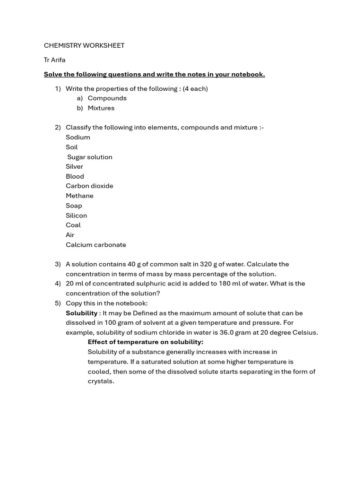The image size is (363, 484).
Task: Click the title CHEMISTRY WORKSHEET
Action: click(x=84, y=45)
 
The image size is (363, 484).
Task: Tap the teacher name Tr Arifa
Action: click(x=55, y=60)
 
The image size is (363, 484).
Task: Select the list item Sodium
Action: click(x=78, y=137)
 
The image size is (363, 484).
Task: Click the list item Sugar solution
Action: click(x=90, y=157)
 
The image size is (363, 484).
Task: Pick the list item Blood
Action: click(x=75, y=176)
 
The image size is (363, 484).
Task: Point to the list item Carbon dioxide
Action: click(x=89, y=186)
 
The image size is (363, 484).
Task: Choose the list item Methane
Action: click(x=79, y=196)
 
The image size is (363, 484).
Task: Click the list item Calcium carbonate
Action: click(x=96, y=245)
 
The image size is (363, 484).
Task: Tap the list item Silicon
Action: click(x=76, y=216)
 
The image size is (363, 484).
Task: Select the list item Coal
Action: click(x=73, y=225)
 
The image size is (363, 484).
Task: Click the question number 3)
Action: click(x=58, y=264)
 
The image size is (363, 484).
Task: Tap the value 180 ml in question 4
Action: click(x=229, y=283)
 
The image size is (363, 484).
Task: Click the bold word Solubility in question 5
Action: click(x=81, y=313)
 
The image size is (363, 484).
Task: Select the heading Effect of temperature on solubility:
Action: click(x=146, y=342)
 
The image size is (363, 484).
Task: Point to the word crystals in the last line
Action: click(x=100, y=381)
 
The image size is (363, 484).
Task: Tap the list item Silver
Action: click(x=74, y=166)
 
